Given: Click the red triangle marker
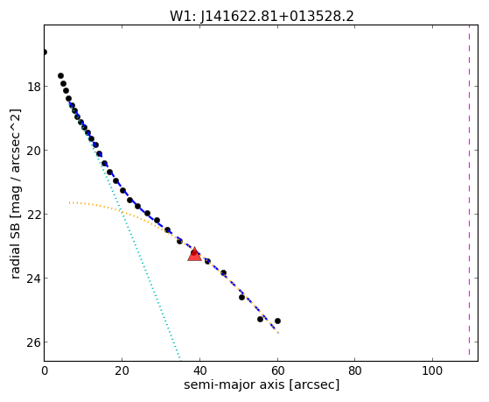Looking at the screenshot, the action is [194, 254].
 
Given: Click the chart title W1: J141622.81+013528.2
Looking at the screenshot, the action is [262, 16].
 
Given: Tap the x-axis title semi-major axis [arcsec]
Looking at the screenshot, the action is [262, 384].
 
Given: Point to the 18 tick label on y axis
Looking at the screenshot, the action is [33, 87].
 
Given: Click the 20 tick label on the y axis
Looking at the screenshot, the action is [33, 151].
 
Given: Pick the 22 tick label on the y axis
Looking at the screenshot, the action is [33, 215].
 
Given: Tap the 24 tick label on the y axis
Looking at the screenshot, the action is [33, 279].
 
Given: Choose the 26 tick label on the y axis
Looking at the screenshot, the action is [33, 342].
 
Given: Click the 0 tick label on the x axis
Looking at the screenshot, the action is [45, 371].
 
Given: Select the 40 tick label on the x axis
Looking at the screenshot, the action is [199, 371].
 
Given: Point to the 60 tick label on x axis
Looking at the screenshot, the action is [277, 371].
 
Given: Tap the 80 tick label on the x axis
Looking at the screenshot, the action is [355, 371].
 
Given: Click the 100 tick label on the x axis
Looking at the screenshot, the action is [432, 371].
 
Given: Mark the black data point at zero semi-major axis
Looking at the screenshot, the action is [45, 52].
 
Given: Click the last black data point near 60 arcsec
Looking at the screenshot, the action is [277, 321].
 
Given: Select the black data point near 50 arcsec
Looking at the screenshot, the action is [241, 298].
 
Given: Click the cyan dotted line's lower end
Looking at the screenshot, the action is [180, 358].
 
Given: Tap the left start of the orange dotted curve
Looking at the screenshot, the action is [70, 202].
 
